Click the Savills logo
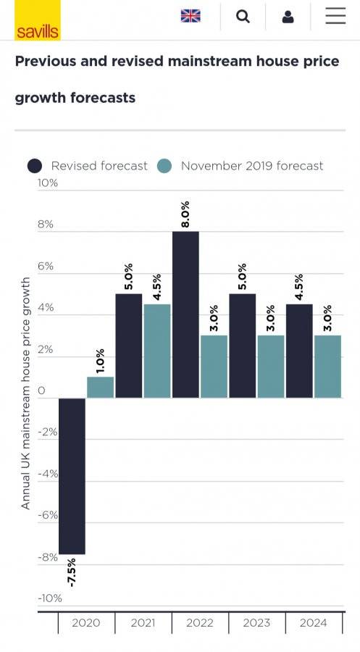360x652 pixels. [38, 20]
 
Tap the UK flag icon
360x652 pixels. [191, 16]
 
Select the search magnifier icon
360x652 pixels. [243, 16]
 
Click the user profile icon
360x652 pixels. [288, 17]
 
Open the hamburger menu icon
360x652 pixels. [335, 16]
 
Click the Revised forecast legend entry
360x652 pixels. [88, 166]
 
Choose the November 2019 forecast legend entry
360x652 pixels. [240, 166]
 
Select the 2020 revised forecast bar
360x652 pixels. [72, 476]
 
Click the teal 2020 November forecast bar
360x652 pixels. [100, 387]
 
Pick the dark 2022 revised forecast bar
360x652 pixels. [185, 314]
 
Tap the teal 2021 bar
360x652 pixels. [157, 351]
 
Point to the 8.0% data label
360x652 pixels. [185, 214]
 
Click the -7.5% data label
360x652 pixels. [72, 572]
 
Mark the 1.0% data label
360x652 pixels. [100, 361]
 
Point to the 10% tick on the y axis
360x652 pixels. [48, 183]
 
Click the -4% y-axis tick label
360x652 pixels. [48, 474]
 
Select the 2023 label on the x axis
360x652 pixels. [256, 623]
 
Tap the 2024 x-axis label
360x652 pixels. [314, 623]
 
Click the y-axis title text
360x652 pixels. [26, 393]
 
